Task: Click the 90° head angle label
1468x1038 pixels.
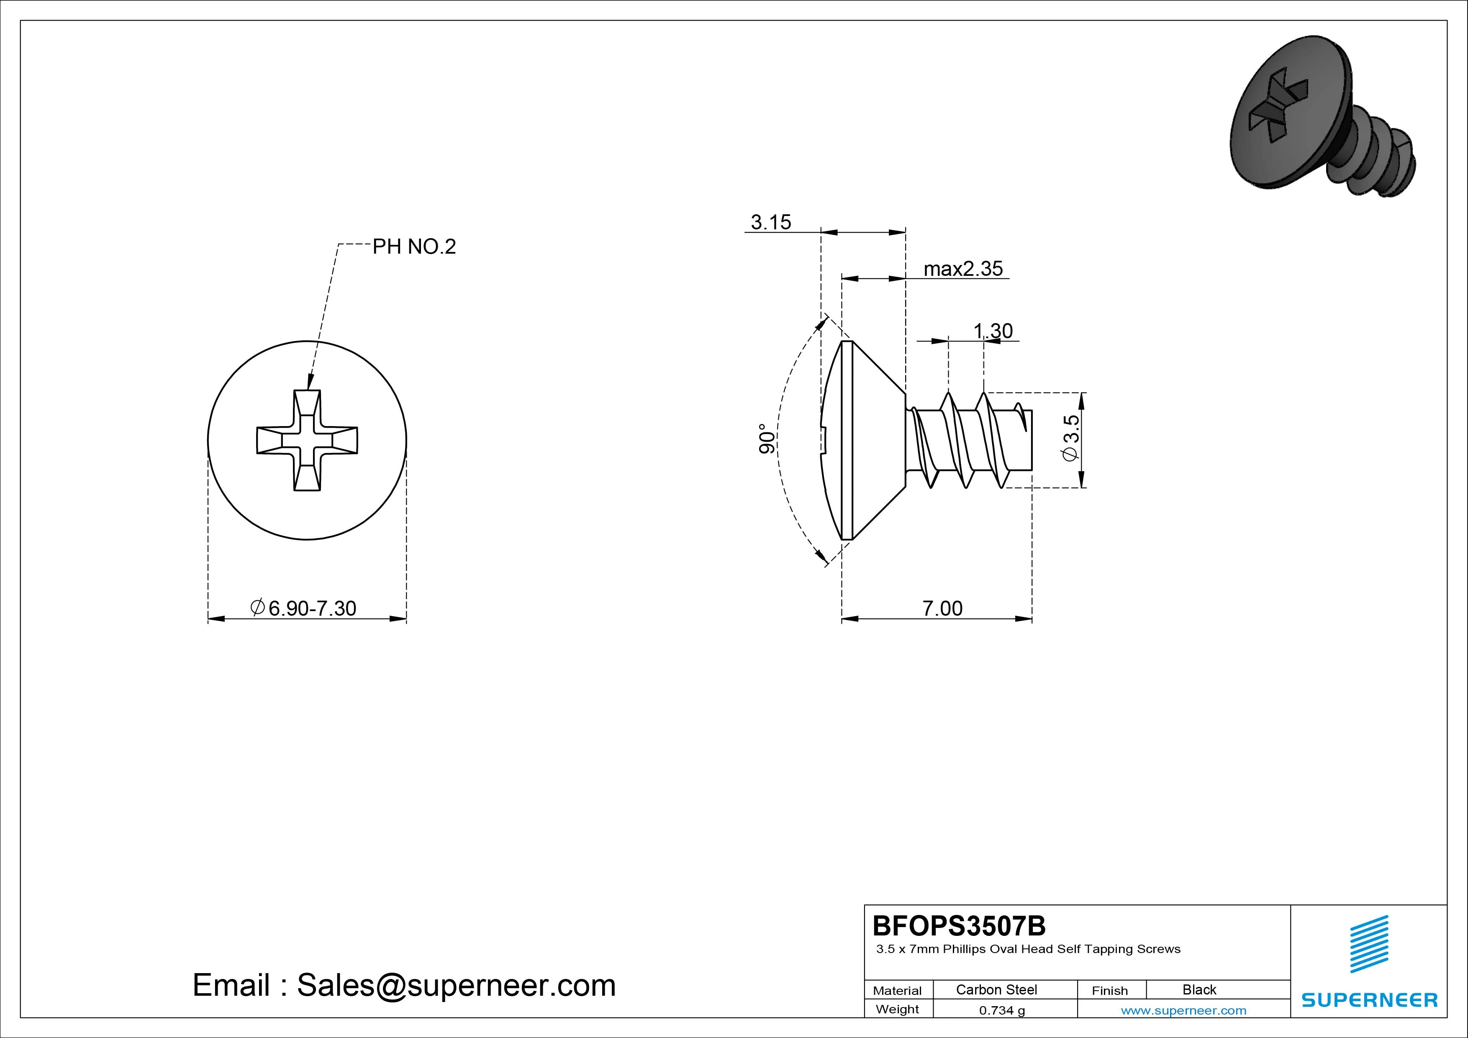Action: click(x=767, y=439)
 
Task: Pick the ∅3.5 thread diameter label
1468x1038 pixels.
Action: click(x=1070, y=437)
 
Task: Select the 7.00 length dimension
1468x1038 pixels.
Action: click(x=942, y=608)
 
